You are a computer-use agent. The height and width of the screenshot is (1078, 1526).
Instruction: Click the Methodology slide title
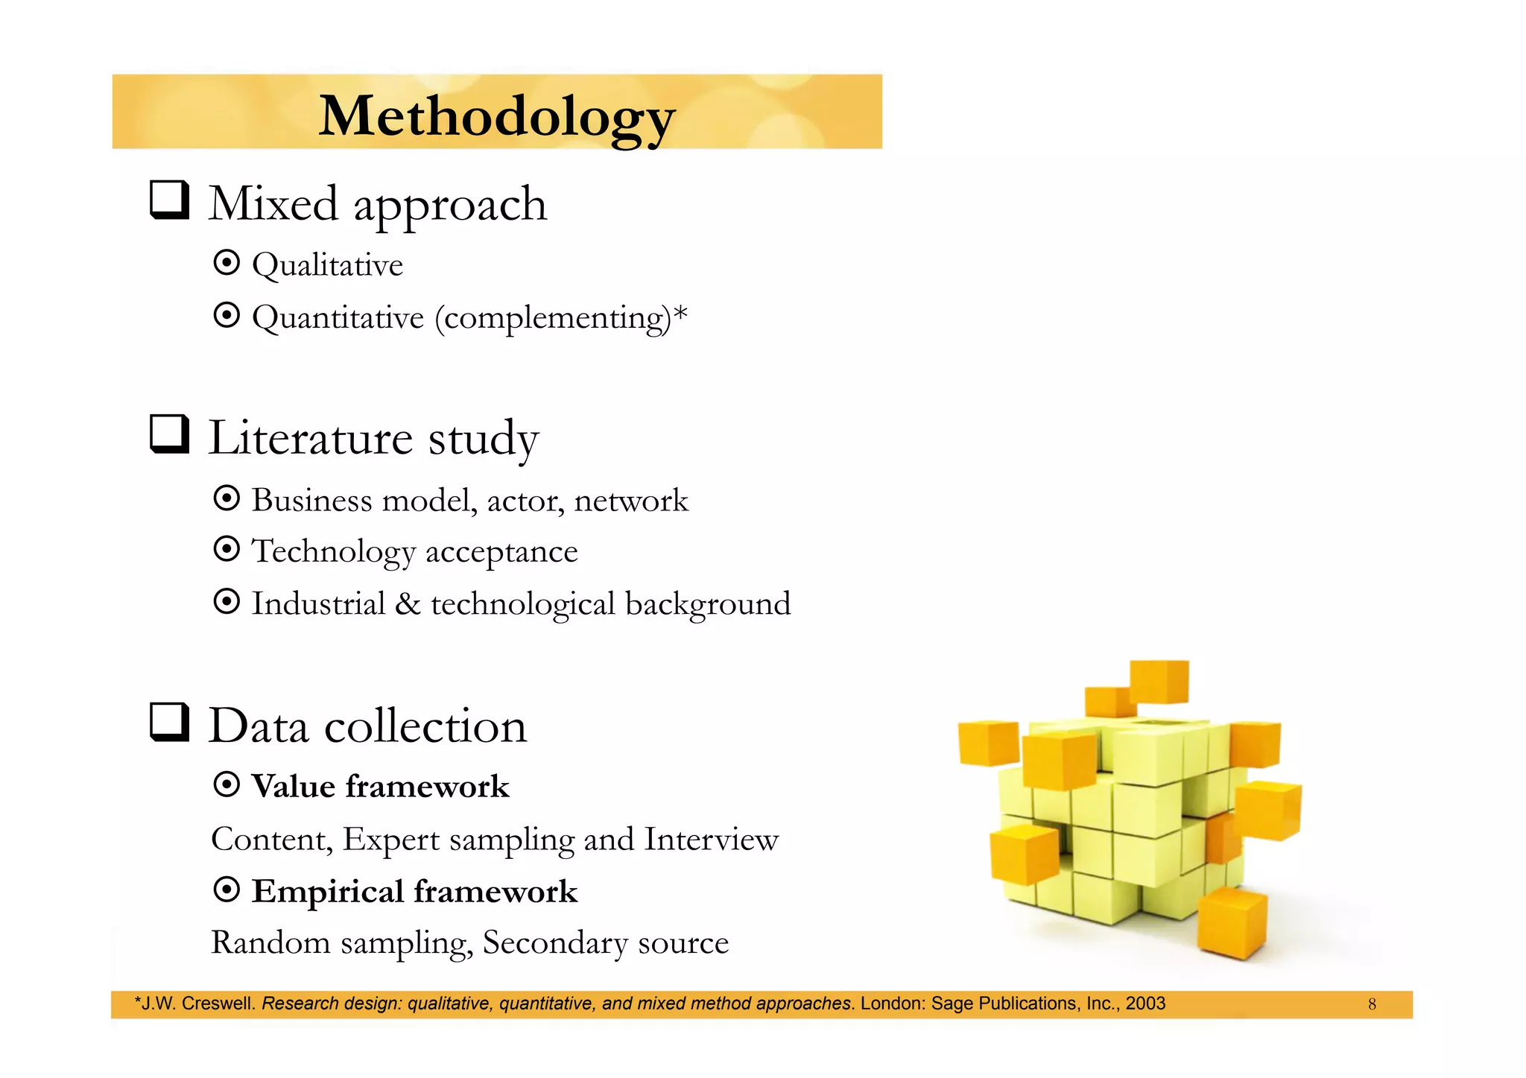[496, 116]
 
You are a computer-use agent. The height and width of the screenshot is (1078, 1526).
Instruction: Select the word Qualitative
[327, 265]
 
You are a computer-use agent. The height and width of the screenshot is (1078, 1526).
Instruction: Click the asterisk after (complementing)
[680, 313]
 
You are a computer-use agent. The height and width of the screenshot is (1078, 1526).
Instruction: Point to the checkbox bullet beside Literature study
[169, 434]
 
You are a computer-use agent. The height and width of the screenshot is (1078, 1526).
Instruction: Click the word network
[631, 501]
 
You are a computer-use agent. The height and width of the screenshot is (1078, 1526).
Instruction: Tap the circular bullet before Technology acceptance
[227, 550]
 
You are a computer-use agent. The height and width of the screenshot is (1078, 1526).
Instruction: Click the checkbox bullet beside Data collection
[169, 722]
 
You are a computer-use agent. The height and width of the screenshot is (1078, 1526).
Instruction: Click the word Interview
[711, 840]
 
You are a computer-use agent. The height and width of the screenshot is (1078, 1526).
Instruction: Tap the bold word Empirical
[327, 892]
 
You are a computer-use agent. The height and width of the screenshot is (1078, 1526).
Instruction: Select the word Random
[270, 943]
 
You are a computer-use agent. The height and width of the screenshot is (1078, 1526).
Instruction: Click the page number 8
[1372, 1004]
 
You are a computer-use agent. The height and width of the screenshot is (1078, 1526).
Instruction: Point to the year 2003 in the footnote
[1145, 1004]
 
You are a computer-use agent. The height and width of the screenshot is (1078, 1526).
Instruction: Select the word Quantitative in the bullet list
[338, 318]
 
